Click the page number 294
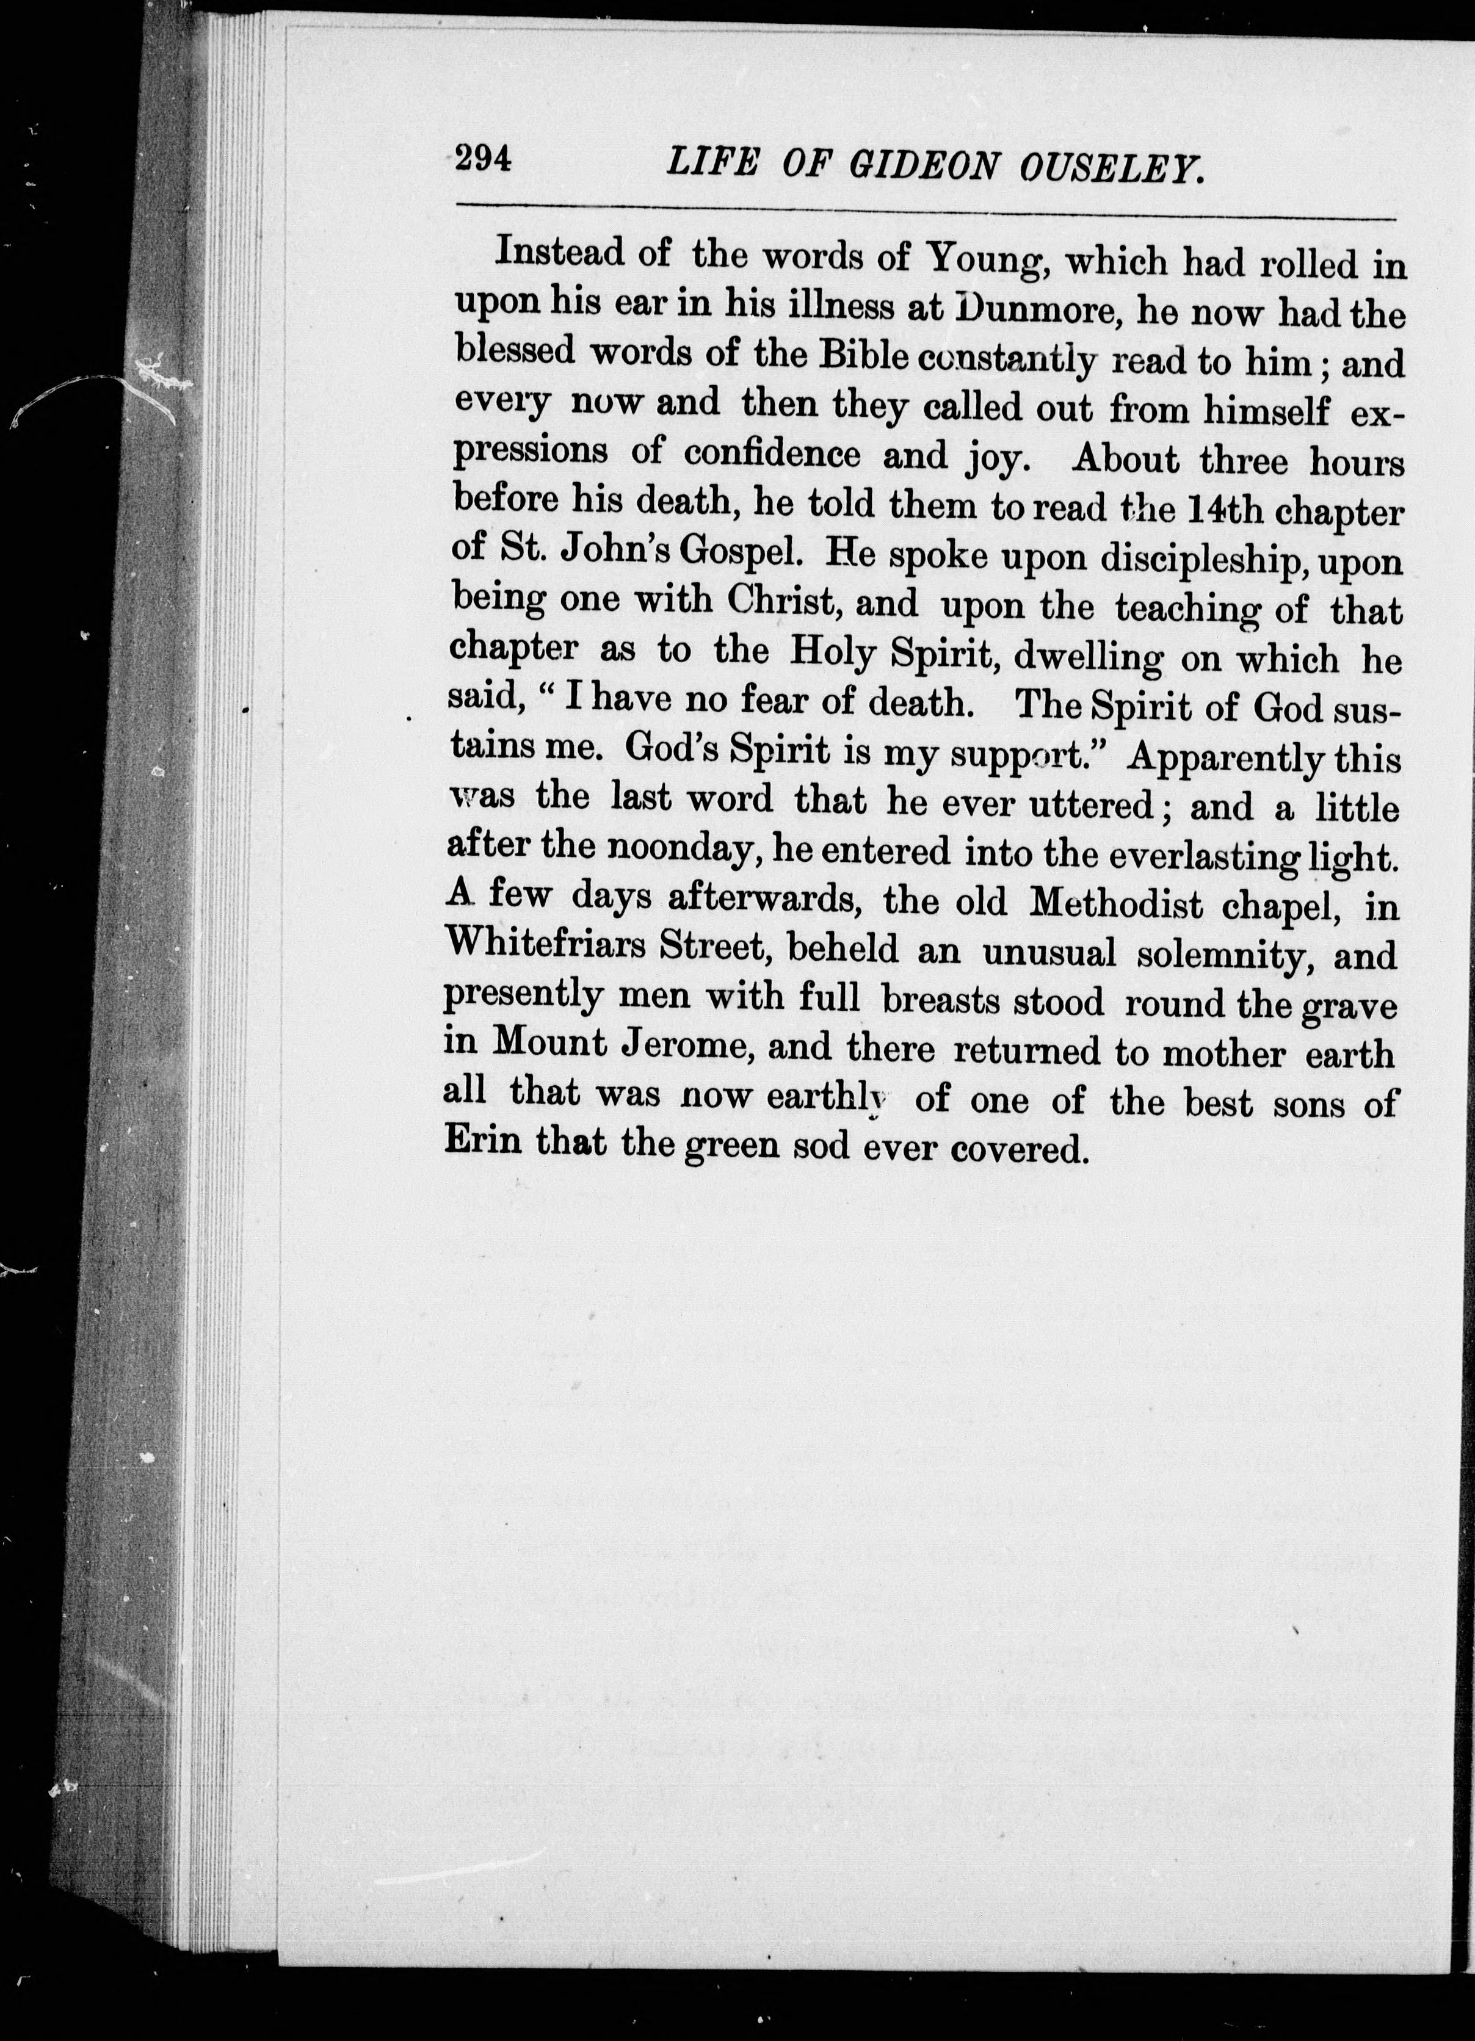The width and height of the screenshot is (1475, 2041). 484,159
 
